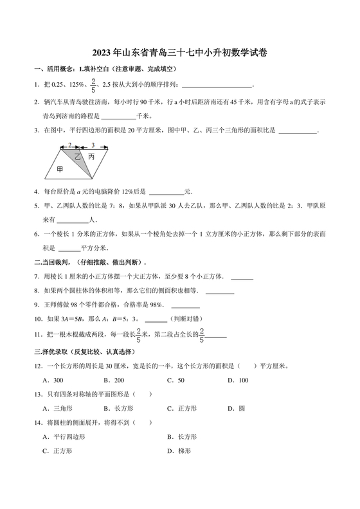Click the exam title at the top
pyautogui.click(x=179, y=53)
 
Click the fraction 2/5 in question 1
pyautogui.click(x=93, y=84)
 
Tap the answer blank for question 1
pyautogui.click(x=217, y=85)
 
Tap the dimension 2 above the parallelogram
pyautogui.click(x=69, y=145)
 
